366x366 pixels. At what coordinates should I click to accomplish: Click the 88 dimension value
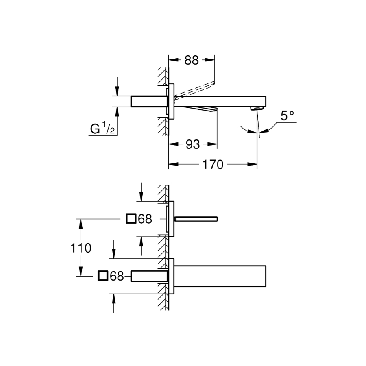[x=192, y=60]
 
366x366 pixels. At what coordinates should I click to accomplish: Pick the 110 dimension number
[x=80, y=248]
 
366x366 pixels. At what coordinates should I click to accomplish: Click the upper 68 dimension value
[x=145, y=219]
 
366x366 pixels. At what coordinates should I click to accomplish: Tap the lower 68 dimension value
[x=116, y=276]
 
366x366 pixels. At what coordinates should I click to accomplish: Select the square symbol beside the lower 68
[x=103, y=276]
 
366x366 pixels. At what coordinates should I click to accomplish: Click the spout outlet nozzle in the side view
[x=256, y=108]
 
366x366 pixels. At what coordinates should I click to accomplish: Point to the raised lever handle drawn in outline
[x=194, y=89]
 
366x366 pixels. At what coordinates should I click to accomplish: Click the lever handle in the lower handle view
[x=196, y=219]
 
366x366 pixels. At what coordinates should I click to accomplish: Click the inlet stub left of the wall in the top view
[x=148, y=101]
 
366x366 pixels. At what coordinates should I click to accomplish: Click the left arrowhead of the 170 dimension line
[x=171, y=165]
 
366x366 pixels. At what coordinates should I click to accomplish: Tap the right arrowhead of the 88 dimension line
[x=212, y=60]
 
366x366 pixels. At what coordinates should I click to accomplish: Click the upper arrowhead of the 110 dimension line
[x=81, y=222]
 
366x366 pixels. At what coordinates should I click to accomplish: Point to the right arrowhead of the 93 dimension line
[x=213, y=144]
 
